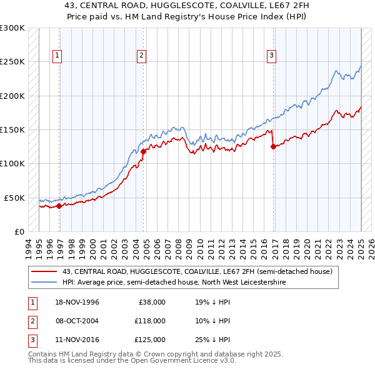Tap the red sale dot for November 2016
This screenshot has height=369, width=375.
click(273, 147)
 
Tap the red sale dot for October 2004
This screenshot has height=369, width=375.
click(143, 151)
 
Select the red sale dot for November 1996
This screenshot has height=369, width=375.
click(59, 205)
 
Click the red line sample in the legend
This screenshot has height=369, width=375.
click(44, 271)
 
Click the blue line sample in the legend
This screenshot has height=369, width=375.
click(44, 283)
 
